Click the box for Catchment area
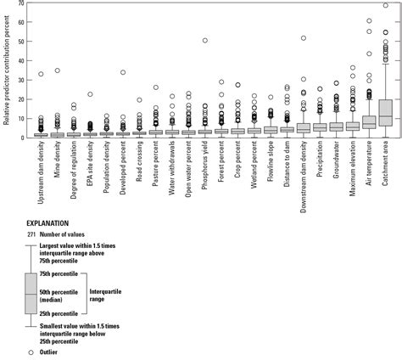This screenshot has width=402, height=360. click(x=385, y=113)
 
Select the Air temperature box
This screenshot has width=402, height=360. click(x=369, y=122)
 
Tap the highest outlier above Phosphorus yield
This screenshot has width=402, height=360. click(x=205, y=40)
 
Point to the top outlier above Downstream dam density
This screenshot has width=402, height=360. click(x=304, y=37)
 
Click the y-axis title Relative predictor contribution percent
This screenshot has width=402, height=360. click(x=7, y=68)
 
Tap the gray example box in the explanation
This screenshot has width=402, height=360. click(x=32, y=294)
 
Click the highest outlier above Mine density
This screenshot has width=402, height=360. click(x=58, y=70)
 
